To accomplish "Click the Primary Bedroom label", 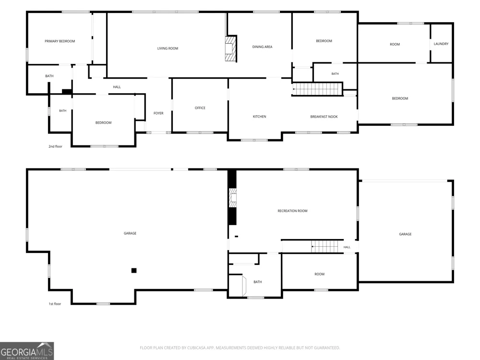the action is (x=60, y=41).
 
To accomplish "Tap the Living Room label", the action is (x=168, y=48).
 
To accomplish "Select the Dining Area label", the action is (x=262, y=47).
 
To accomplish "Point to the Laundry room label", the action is (x=441, y=44).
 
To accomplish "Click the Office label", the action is (x=200, y=108).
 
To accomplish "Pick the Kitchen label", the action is (x=259, y=117).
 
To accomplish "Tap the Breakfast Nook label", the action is (x=324, y=117).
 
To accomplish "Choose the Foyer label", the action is (x=158, y=113).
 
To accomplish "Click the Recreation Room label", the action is (x=292, y=211).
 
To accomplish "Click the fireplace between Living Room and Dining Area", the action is (x=231, y=48).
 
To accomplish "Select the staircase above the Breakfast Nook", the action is (x=317, y=89).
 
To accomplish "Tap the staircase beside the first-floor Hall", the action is (x=325, y=246).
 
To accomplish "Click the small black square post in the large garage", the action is (x=134, y=270).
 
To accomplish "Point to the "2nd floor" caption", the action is (x=55, y=146).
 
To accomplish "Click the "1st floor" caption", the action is (x=55, y=304).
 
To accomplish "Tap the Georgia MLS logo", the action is (x=27, y=351).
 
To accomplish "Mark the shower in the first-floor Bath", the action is (x=237, y=286).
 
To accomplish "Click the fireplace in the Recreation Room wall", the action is (x=233, y=198).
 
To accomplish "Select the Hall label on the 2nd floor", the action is (x=117, y=87).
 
